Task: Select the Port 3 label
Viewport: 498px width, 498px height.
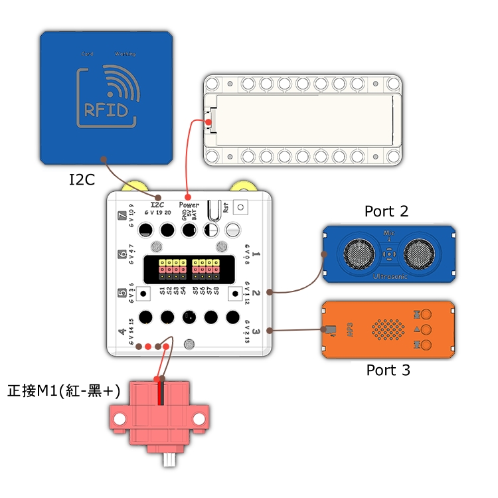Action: [388, 370]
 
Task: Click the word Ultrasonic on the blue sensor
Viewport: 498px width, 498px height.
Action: [390, 275]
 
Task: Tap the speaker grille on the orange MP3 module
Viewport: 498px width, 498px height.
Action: [387, 329]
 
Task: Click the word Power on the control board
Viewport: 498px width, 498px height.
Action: [189, 205]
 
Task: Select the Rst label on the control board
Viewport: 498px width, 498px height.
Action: [226, 207]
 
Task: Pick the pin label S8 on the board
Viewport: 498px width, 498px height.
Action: [217, 291]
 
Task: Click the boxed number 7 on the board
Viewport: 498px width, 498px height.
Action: [122, 215]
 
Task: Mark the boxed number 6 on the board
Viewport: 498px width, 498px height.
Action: [122, 254]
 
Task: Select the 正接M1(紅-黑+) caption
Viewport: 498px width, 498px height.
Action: [64, 391]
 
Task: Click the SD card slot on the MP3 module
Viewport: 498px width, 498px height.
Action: [330, 329]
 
